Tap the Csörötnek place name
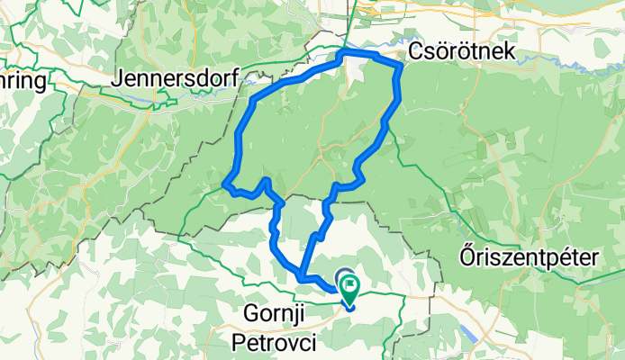(x=462, y=51)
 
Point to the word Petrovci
(x=276, y=340)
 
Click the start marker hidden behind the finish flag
(x=343, y=277)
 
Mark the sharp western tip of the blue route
(x=223, y=185)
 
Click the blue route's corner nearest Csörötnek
(x=398, y=67)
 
